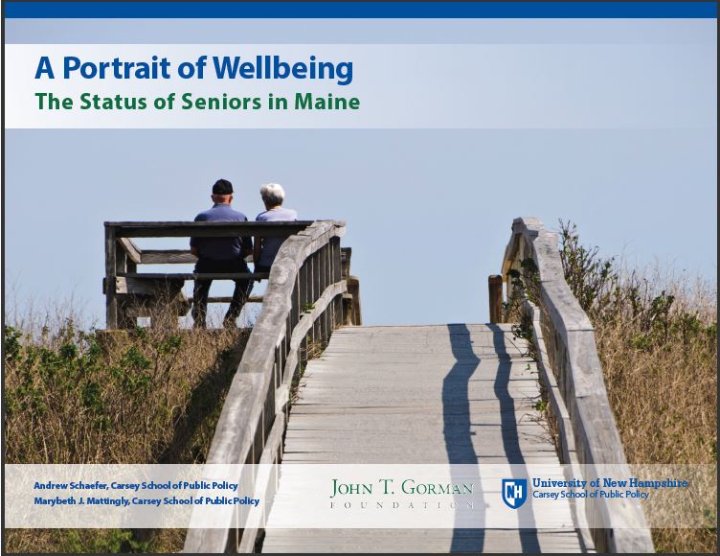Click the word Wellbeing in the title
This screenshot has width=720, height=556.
click(282, 69)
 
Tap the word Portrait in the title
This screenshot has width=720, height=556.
click(117, 68)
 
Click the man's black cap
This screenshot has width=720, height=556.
click(222, 187)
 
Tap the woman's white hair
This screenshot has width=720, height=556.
click(273, 194)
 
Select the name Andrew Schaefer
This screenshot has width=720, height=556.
click(70, 486)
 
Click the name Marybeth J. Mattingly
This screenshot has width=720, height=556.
click(79, 501)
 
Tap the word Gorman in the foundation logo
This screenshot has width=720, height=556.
click(438, 488)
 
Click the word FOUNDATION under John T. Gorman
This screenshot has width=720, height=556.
click(402, 505)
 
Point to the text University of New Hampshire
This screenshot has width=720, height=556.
click(610, 483)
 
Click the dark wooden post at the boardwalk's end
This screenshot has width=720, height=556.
click(495, 299)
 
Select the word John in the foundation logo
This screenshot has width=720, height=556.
click(351, 488)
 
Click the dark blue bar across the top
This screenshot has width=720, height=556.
click(360, 12)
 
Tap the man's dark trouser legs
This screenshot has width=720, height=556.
click(221, 294)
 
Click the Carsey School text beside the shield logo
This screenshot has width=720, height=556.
click(591, 495)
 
